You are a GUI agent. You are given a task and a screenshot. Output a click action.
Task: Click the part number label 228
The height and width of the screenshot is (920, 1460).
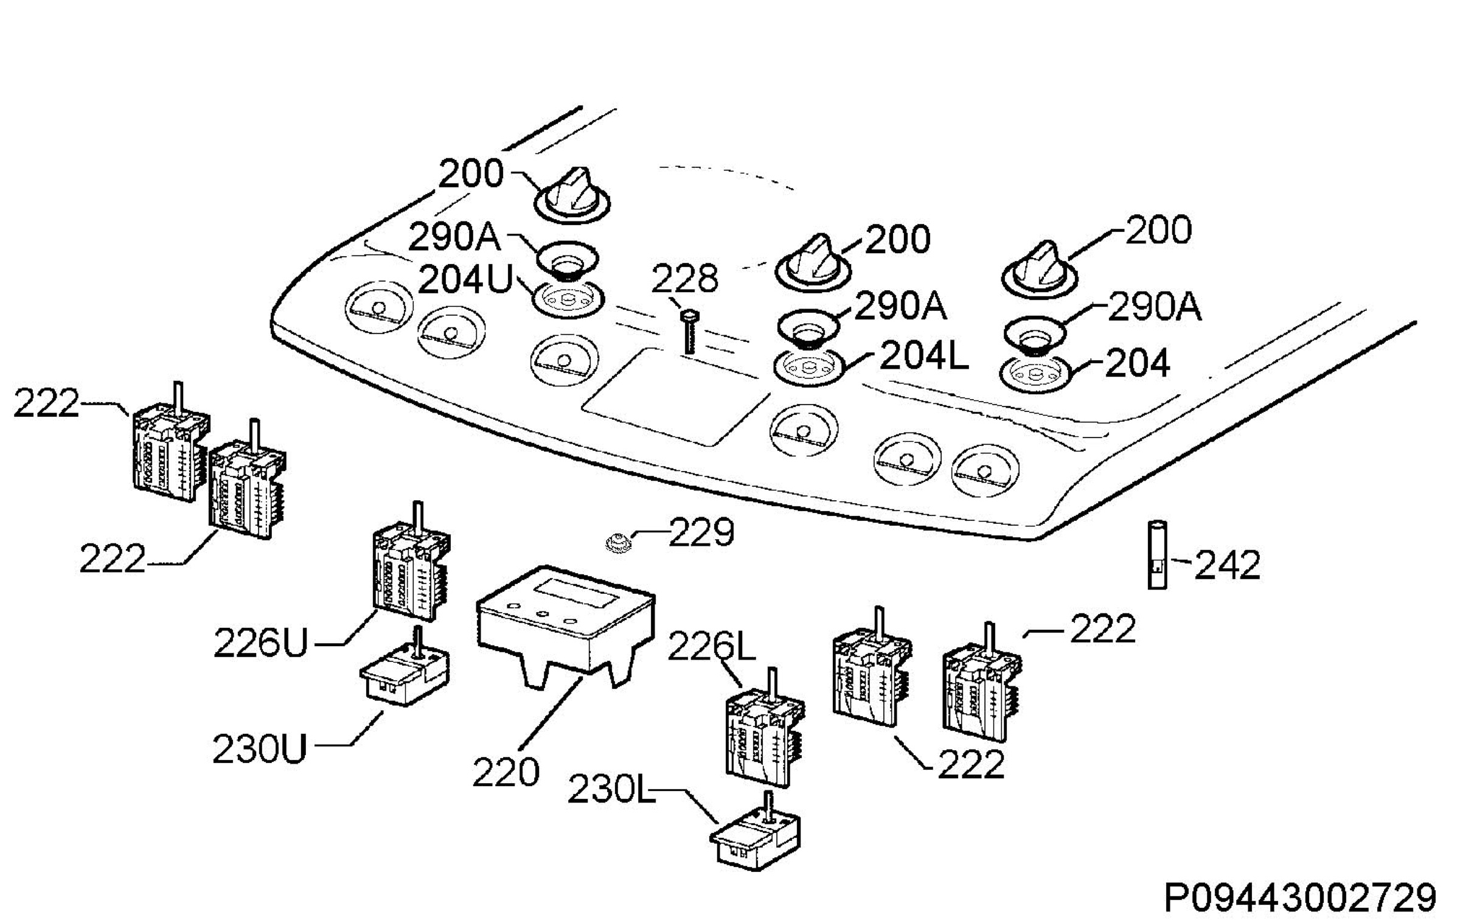[x=684, y=279]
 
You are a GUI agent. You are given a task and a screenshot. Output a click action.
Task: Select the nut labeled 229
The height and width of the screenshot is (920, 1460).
[x=618, y=540]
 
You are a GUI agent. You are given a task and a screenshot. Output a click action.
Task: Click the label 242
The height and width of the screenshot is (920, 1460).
[x=1226, y=564]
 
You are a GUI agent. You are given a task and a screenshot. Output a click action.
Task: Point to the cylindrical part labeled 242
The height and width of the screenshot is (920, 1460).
[x=1157, y=554]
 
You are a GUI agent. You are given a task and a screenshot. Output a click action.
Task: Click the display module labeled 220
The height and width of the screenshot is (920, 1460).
[x=566, y=627]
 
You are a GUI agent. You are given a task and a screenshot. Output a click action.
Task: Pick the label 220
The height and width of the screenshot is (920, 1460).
[x=506, y=772]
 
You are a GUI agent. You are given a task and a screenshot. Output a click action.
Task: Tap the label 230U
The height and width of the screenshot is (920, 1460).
[x=260, y=748]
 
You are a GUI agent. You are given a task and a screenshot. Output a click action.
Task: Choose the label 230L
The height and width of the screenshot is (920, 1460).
[x=611, y=790]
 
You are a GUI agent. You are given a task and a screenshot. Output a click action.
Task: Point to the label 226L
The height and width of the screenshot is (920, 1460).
[x=711, y=646]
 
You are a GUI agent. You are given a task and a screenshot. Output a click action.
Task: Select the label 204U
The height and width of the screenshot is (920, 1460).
[x=466, y=281]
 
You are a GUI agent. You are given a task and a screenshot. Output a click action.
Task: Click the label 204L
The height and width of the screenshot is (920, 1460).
[x=923, y=356]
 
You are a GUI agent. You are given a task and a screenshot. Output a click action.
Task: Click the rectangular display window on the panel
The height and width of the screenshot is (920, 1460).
[x=675, y=397]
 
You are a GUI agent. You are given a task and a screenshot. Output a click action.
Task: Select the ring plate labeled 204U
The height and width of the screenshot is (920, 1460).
[x=569, y=299]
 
